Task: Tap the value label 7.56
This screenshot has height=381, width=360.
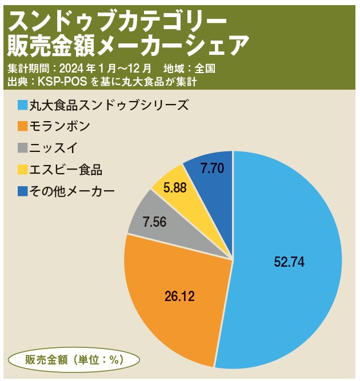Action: [x=154, y=222]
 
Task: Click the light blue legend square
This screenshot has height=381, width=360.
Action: [x=22, y=105]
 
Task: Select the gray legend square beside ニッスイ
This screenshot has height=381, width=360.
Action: [x=22, y=148]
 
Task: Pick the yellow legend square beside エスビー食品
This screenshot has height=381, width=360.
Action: [x=22, y=169]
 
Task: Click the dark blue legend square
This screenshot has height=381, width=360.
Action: [x=22, y=191]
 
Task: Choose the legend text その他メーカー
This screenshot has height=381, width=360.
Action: [x=73, y=191]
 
